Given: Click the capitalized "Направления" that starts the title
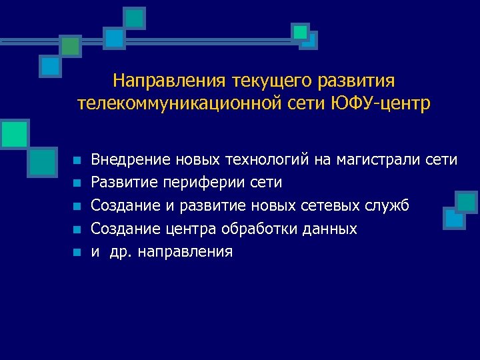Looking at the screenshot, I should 170,81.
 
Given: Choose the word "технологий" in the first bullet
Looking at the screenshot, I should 267,159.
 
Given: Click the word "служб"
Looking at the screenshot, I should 388,205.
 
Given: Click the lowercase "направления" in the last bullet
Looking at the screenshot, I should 185,252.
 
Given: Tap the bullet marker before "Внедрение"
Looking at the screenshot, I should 77,161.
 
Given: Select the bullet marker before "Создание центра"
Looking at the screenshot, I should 77,229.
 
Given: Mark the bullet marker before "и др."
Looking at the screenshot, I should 77,253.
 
